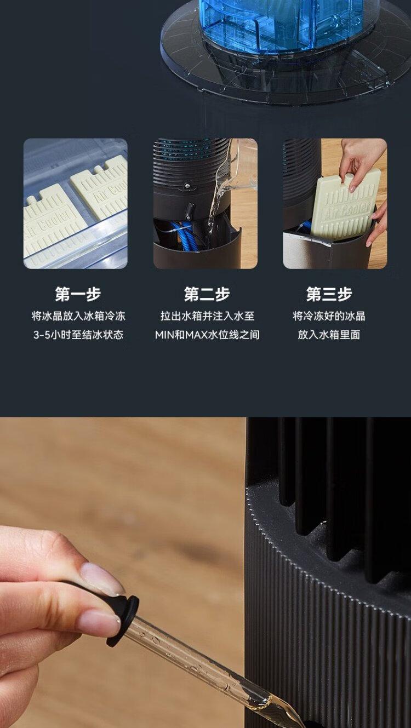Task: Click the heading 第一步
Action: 78,294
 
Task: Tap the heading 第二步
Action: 207,294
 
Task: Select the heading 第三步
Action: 329,294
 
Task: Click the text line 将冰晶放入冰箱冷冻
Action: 78,316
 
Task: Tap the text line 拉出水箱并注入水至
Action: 207,316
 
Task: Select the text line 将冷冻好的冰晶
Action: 329,316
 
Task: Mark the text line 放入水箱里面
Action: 329,335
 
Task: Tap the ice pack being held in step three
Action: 345,208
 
